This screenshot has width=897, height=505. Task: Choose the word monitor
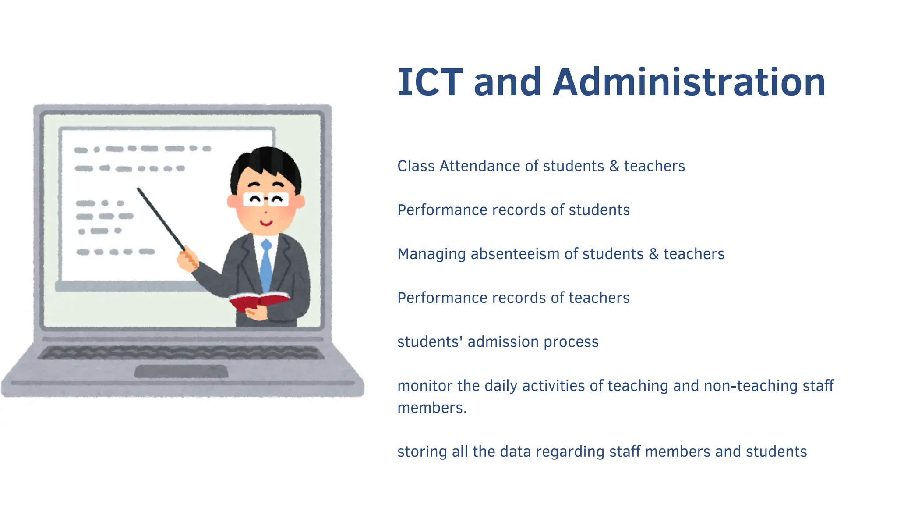pyautogui.click(x=425, y=386)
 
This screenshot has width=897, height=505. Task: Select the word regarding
pyautogui.click(x=569, y=452)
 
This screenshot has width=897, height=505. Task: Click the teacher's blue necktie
pyautogui.click(x=266, y=265)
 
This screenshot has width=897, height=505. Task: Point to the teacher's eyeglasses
pyautogui.click(x=266, y=199)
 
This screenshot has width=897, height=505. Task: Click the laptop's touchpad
pyautogui.click(x=181, y=371)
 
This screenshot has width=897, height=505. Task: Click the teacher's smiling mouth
pyautogui.click(x=266, y=223)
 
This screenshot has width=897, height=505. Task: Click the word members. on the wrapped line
pyautogui.click(x=432, y=408)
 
